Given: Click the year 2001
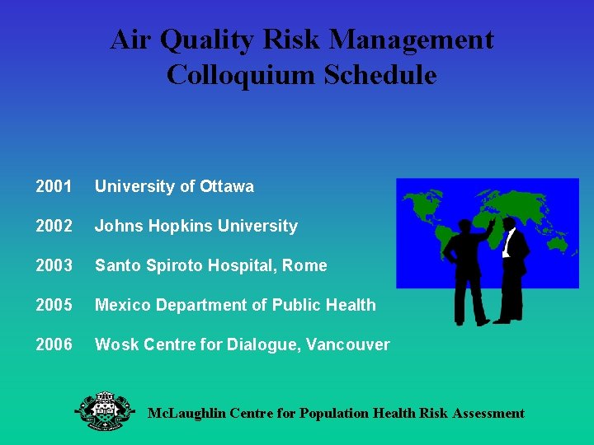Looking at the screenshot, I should (x=54, y=186).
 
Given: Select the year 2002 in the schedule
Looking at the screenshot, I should (x=54, y=226).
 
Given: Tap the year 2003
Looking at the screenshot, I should (x=54, y=265).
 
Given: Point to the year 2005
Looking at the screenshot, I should (x=54, y=305).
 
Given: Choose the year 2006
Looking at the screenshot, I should (x=54, y=344).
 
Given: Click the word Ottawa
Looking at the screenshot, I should (x=227, y=186).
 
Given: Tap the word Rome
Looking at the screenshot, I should (x=308, y=265).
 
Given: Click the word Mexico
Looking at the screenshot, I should (x=119, y=305).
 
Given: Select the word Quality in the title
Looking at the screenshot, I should (x=203, y=40).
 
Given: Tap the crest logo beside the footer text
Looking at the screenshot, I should (x=105, y=410).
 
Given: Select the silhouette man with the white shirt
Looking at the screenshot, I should (x=513, y=268).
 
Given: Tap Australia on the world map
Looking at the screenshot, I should (x=561, y=242).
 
